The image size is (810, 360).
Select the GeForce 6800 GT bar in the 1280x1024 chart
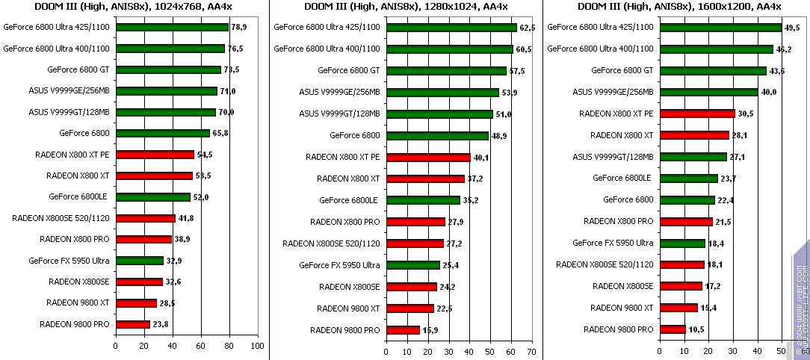[x=445, y=71]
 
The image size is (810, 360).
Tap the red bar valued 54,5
[x=154, y=155]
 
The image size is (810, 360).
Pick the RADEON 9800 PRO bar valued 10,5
[x=672, y=329]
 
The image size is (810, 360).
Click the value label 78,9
[x=240, y=27]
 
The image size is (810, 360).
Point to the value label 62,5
[x=528, y=27]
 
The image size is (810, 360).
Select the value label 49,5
[x=792, y=27]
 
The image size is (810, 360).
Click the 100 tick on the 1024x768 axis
[x=257, y=346]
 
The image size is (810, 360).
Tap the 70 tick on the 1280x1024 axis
[x=531, y=350]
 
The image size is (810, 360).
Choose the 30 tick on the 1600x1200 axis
[x=733, y=350]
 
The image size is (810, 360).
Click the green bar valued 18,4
[x=681, y=243]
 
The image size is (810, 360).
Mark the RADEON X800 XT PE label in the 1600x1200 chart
[x=616, y=114]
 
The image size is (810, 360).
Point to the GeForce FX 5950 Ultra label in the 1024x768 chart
[x=69, y=261]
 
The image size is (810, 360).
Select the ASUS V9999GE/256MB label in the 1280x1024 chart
[x=339, y=93]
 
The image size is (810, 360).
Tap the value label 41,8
[x=185, y=218]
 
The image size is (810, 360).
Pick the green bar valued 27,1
[x=693, y=157]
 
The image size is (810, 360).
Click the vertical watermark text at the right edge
[x=800, y=299]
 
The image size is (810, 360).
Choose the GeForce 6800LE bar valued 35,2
[x=422, y=200]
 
